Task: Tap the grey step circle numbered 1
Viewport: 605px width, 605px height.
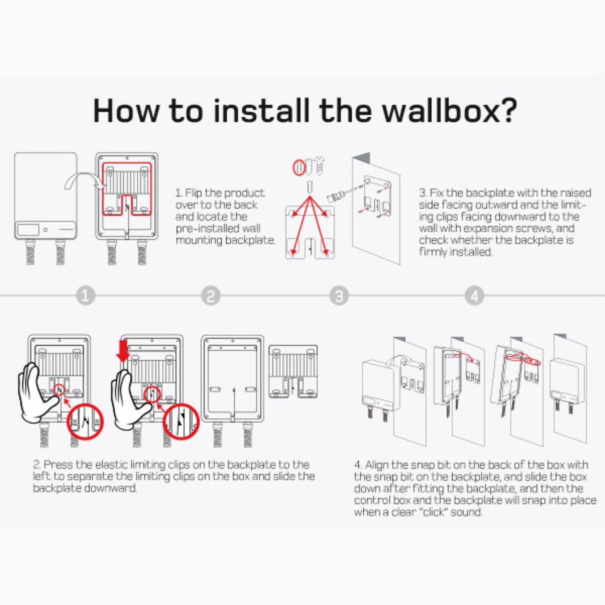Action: [x=85, y=296]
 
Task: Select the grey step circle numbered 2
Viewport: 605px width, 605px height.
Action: [x=211, y=296]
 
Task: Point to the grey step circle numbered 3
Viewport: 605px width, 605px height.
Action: [x=339, y=296]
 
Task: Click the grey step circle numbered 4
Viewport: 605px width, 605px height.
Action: [x=474, y=296]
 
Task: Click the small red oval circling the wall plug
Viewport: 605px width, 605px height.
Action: [x=299, y=167]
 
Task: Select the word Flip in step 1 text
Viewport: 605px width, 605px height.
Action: [x=193, y=193]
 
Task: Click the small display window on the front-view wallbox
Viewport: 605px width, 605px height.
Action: [x=28, y=230]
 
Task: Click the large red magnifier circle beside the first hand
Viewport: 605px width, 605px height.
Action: [x=85, y=421]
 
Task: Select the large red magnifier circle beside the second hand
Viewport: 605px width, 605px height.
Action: [x=181, y=421]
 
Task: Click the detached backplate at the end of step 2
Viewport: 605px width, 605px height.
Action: [x=293, y=371]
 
